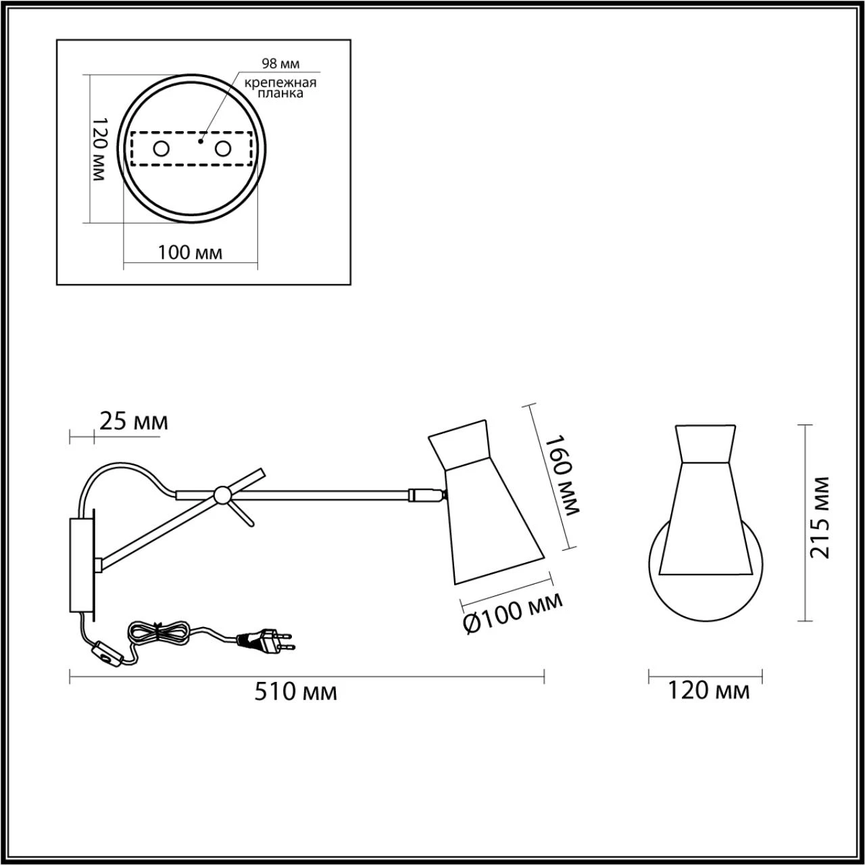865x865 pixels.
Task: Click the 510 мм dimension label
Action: pyautogui.click(x=295, y=704)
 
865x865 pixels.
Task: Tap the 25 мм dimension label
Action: pyautogui.click(x=134, y=422)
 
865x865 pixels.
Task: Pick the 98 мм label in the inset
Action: pyautogui.click(x=280, y=64)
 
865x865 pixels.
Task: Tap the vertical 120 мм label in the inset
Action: pyautogui.click(x=98, y=149)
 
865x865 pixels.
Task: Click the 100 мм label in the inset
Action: pyautogui.click(x=190, y=253)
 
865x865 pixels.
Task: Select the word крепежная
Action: pyautogui.click(x=280, y=82)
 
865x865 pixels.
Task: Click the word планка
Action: pyautogui.click(x=280, y=93)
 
